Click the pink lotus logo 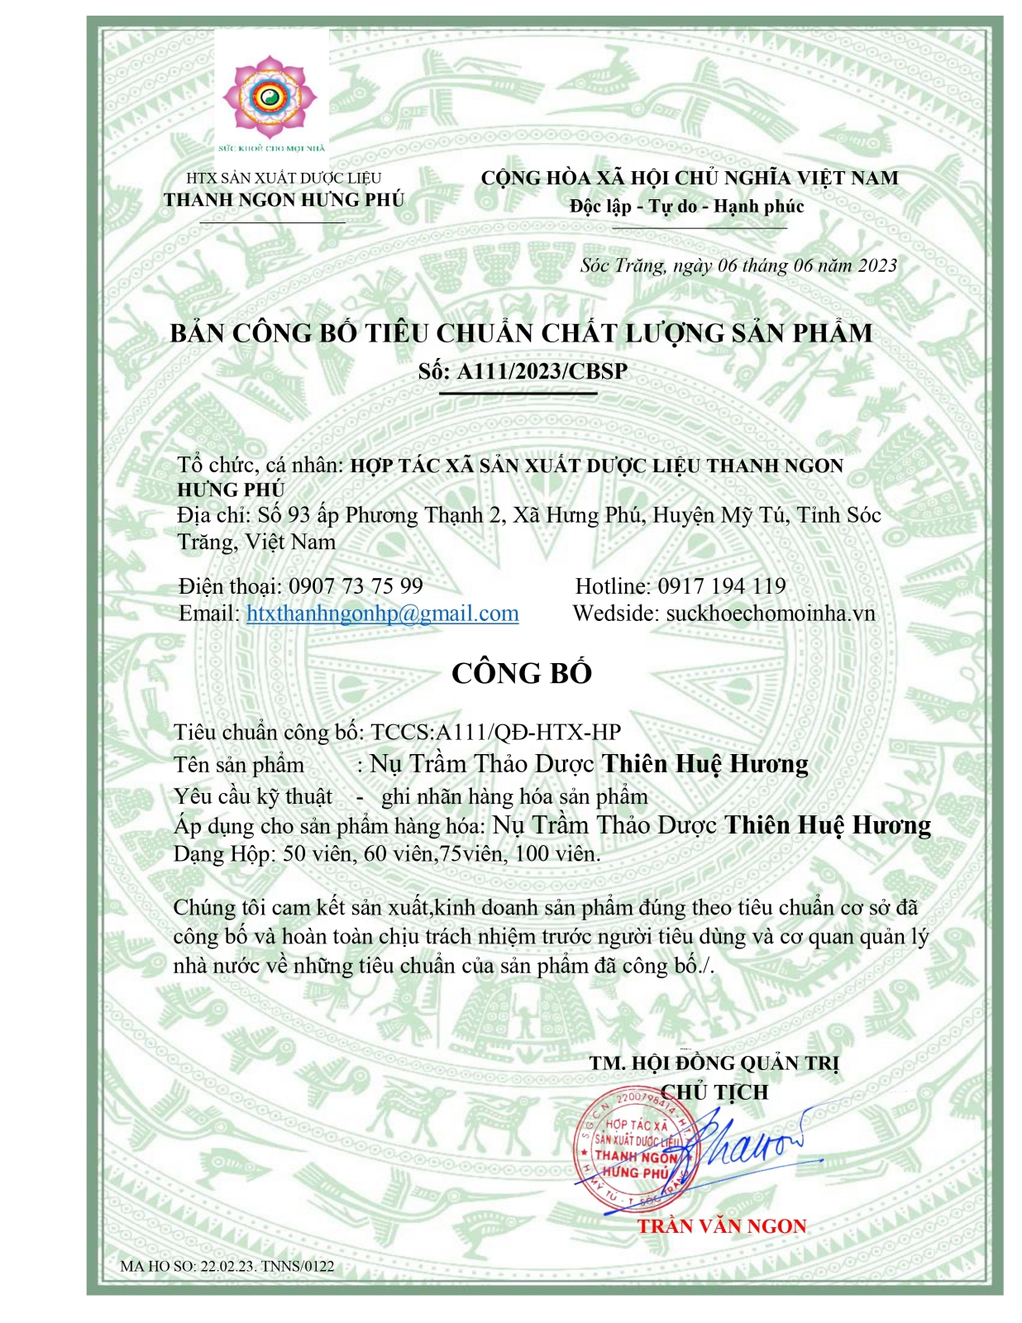pyautogui.click(x=270, y=98)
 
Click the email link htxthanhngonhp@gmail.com pyautogui.click(x=382, y=614)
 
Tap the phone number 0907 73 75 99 pyautogui.click(x=356, y=586)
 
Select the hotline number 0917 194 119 pyautogui.click(x=721, y=586)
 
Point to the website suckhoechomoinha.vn pyautogui.click(x=770, y=614)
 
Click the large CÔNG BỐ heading pyautogui.click(x=522, y=673)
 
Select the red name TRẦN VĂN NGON pyautogui.click(x=721, y=1225)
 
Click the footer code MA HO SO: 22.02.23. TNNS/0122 pyautogui.click(x=227, y=1266)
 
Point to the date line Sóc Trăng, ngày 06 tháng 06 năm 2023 pyautogui.click(x=738, y=265)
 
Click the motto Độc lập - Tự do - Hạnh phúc pyautogui.click(x=686, y=206)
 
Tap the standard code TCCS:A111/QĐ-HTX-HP pyautogui.click(x=495, y=732)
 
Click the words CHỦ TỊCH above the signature pyautogui.click(x=715, y=1092)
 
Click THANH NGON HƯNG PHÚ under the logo pyautogui.click(x=284, y=200)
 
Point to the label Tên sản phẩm pyautogui.click(x=239, y=765)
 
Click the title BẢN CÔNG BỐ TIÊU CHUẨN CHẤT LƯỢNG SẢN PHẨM pyautogui.click(x=521, y=333)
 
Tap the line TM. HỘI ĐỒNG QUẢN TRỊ pyautogui.click(x=714, y=1063)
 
